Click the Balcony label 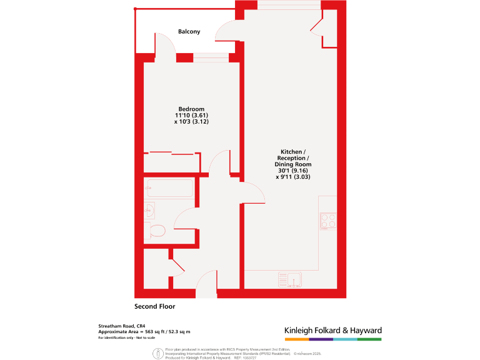click(x=189, y=32)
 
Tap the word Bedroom click(x=191, y=109)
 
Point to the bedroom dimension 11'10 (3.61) click(x=191, y=116)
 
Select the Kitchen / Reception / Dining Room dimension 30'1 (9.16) click(x=293, y=171)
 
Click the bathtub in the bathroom click(x=169, y=189)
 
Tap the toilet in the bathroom click(x=156, y=231)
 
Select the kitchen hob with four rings click(x=328, y=221)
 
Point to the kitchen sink click(x=290, y=279)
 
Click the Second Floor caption click(x=155, y=307)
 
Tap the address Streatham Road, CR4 click(x=122, y=326)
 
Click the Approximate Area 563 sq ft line click(x=144, y=332)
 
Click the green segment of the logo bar click(x=369, y=339)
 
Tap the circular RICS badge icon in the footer click(x=154, y=353)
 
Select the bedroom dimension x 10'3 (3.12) click(x=191, y=122)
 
